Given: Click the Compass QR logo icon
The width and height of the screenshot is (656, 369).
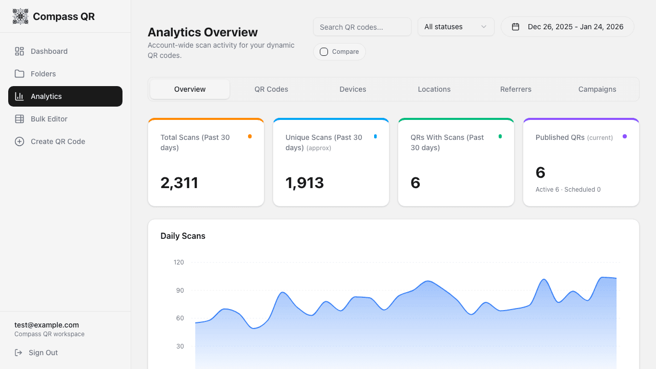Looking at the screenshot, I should (20, 16).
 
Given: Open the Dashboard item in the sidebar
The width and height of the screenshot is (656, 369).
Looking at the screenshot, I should (49, 51).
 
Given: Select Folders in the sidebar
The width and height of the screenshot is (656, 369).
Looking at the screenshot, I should (43, 74).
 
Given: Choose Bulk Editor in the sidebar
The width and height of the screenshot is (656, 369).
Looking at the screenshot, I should (49, 119).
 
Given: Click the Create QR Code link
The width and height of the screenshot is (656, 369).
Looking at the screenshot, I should (57, 141).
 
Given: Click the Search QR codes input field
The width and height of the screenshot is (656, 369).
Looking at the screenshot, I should (362, 27).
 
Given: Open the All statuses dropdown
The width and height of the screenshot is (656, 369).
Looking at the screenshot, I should (456, 27).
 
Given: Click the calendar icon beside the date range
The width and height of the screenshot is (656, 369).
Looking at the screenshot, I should (516, 27).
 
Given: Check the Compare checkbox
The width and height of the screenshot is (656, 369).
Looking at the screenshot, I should (324, 52).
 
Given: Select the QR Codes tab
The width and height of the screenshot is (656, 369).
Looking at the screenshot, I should (271, 89).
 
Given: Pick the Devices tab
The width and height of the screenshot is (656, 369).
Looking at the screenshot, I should (353, 89).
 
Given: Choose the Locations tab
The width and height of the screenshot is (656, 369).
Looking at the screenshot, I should (434, 89).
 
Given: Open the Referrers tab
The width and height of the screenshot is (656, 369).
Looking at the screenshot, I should (516, 89).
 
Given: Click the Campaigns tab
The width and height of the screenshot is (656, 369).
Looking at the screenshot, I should (597, 89).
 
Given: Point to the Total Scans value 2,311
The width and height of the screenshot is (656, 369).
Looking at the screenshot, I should (179, 183).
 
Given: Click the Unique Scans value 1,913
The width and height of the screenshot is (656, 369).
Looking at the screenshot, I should (304, 183).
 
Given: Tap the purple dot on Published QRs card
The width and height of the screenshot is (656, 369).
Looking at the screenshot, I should (625, 136).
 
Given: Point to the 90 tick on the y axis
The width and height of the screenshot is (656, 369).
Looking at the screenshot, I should (179, 291).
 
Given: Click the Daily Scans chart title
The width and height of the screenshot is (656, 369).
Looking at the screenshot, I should (183, 236).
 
